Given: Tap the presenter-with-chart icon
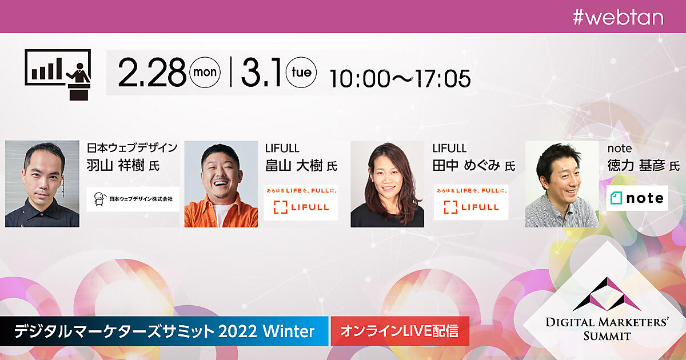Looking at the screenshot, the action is point(58,75).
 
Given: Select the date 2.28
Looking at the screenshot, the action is point(152,73).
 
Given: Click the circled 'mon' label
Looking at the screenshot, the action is point(205,72).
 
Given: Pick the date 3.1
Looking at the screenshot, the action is point(261,73).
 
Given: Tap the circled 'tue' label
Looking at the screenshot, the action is point(301,72).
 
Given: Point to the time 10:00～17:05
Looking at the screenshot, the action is point(400,79).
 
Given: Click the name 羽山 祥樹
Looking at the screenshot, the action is point(115,166).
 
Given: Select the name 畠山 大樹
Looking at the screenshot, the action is point(294,166).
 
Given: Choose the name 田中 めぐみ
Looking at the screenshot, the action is point(466,166).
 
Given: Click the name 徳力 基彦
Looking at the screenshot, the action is point(636,166).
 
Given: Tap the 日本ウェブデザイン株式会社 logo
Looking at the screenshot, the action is point(133,199).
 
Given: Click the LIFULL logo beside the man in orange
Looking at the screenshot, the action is point(301,202).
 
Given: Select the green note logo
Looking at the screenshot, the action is point(637,198).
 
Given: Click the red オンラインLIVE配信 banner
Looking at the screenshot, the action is point(400,331).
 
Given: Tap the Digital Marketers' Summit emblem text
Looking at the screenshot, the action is point(607,329).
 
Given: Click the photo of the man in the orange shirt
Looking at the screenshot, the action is point(221,184).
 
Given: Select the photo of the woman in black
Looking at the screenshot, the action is point(388,184).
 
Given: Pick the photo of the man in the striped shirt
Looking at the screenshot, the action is point(562,184).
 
